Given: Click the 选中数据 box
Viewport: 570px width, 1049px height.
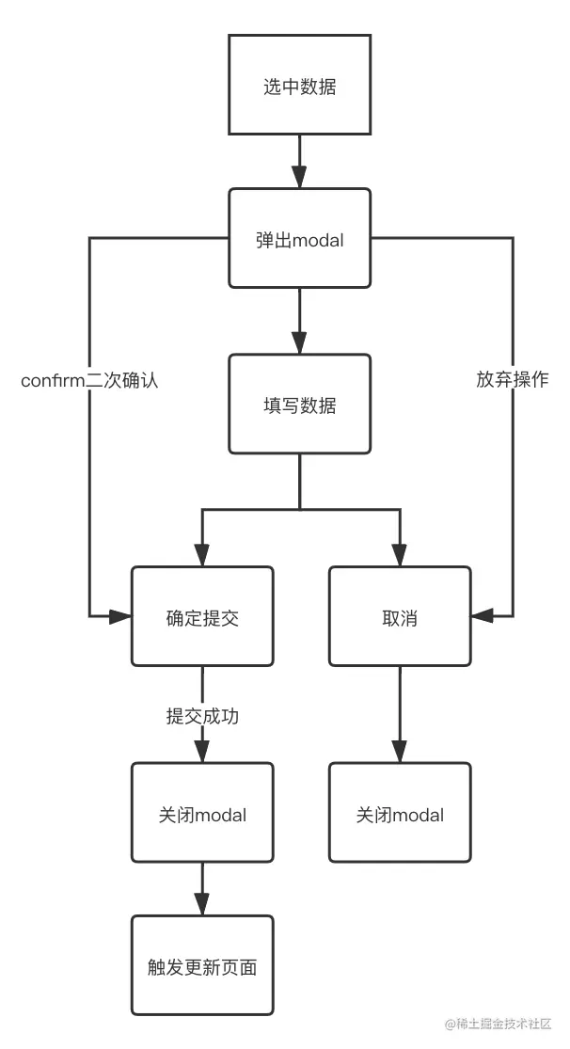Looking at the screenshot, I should pos(299,87).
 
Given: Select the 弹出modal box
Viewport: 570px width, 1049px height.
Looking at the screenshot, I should pos(299,239).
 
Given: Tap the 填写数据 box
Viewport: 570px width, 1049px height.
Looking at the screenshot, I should pos(299,405).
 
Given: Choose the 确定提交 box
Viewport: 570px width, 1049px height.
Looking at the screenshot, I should pos(201,616).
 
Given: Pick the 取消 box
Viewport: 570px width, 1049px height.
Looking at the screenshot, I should pos(399,616).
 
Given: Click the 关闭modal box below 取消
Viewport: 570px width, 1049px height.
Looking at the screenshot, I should pos(399,813).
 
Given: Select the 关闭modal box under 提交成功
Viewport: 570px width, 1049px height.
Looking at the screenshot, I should pos(201,813).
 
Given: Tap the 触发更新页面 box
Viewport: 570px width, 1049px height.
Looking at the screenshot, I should pos(201,966).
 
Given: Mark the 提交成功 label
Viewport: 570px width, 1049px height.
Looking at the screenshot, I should pos(201,716).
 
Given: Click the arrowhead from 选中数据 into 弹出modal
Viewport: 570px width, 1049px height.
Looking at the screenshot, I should pos(299,177).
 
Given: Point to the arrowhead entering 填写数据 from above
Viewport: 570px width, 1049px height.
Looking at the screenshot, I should pos(299,342).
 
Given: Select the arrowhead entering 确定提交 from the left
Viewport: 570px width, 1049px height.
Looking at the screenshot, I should pos(120,616).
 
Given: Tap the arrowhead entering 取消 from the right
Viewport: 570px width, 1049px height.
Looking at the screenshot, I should pos(482,616).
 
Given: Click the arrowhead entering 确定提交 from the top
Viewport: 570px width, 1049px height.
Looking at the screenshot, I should pos(201,555).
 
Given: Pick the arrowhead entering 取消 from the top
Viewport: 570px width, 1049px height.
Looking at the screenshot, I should pos(399,555).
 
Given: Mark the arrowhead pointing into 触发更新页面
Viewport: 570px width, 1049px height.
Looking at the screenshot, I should pos(201,904).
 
